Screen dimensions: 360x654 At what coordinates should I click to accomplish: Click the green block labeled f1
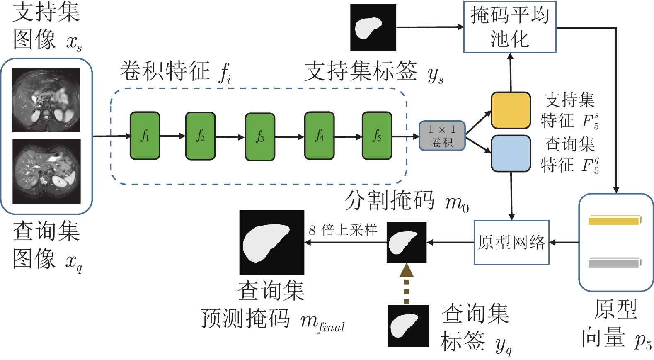pos(145,136)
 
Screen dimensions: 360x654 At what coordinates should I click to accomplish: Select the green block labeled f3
pos(260,137)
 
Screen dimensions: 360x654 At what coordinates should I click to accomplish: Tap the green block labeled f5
pos(377,136)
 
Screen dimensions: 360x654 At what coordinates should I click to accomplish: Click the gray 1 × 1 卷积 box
pos(442,136)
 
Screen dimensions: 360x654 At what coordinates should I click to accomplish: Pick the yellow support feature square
pos(511,110)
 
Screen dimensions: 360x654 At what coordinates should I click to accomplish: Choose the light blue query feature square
pos(511,153)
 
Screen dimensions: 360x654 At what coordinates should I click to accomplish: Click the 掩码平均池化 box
pos(509,27)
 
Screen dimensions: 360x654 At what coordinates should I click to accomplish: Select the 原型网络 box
pos(511,242)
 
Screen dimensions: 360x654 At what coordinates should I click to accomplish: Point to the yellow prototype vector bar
pos(615,220)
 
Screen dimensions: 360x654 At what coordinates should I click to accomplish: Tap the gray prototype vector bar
pos(615,263)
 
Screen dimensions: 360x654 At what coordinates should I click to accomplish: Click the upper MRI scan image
pos(46,100)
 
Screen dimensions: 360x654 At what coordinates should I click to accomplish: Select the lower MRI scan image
pos(46,172)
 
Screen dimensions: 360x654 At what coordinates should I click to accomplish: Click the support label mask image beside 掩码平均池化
pos(373,27)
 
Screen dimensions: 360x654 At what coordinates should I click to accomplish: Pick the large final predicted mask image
pos(271,243)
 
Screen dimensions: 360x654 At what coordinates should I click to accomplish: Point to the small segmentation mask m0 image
pos(406,242)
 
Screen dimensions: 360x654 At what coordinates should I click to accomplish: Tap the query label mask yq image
pos(408,326)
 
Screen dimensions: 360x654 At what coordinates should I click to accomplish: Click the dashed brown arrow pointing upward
pos(407,284)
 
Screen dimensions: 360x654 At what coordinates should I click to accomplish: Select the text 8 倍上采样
pos(343,230)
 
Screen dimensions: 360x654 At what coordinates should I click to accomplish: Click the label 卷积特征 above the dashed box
pos(165,71)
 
